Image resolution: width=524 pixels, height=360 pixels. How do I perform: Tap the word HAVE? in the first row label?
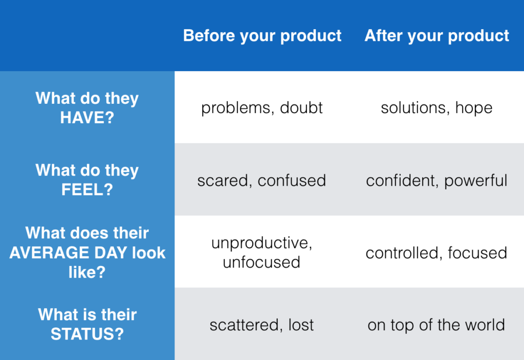tap(87, 118)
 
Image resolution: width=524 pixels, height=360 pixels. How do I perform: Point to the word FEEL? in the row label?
tap(87, 190)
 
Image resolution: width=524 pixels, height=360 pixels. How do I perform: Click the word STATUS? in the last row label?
tap(87, 334)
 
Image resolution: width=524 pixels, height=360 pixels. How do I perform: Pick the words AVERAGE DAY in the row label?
tap(68, 253)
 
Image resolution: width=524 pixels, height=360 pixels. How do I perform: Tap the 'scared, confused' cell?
tap(261, 181)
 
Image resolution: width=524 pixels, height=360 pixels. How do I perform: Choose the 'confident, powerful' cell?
tap(437, 181)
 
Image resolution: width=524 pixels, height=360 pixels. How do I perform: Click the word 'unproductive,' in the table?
tap(261, 243)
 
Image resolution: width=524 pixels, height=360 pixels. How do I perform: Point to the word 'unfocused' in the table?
tap(261, 262)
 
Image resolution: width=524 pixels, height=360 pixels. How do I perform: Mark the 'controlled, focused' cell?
tap(436, 253)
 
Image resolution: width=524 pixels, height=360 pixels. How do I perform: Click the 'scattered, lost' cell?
tap(261, 325)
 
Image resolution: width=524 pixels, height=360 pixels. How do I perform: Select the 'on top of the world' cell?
tap(436, 325)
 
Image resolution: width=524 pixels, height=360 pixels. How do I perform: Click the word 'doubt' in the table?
tap(301, 107)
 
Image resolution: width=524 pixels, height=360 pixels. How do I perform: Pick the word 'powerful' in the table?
tap(476, 181)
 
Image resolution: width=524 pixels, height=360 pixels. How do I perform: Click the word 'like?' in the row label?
tap(87, 272)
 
